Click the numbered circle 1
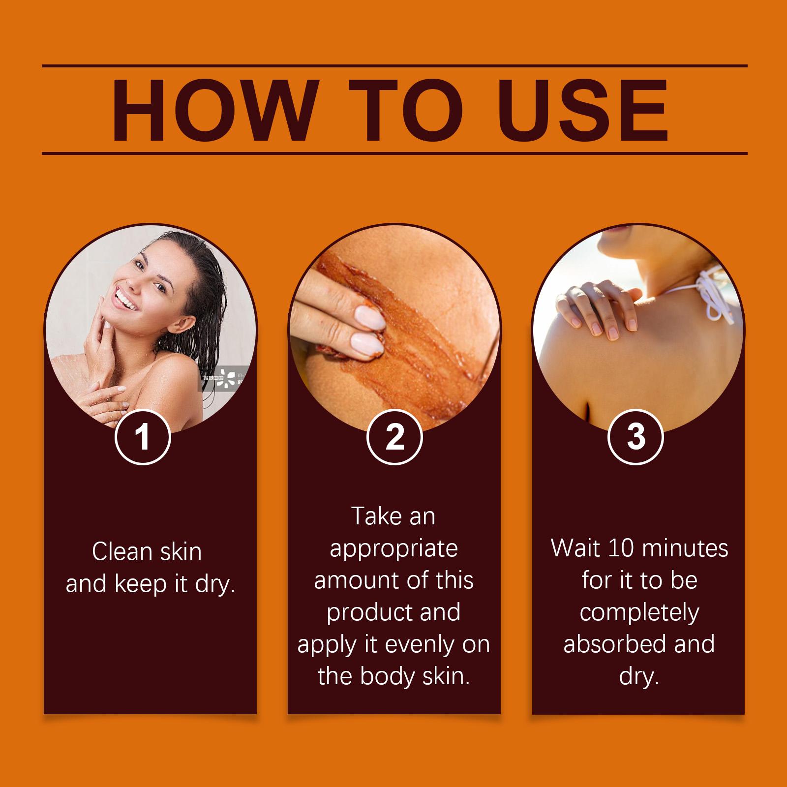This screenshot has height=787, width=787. coord(143,436)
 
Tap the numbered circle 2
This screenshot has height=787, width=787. coord(394,436)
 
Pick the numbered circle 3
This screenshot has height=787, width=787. coord(636,436)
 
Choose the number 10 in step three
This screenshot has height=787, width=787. coord(621,548)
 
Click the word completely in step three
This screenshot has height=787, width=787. coord(639,613)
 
